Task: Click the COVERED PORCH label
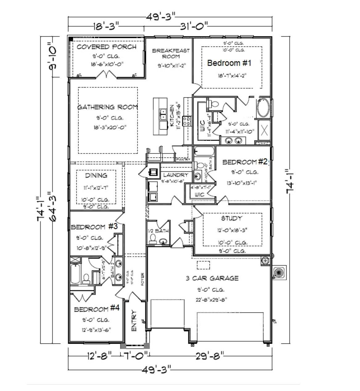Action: (106, 47)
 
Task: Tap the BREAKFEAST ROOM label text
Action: (171, 53)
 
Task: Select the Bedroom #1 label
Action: (229, 63)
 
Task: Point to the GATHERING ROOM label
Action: (107, 107)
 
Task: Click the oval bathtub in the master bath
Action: (264, 108)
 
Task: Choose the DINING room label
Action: (96, 175)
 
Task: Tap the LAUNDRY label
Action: (175, 175)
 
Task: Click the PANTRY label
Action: (183, 159)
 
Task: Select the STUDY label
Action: (231, 218)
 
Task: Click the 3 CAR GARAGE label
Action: (212, 278)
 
